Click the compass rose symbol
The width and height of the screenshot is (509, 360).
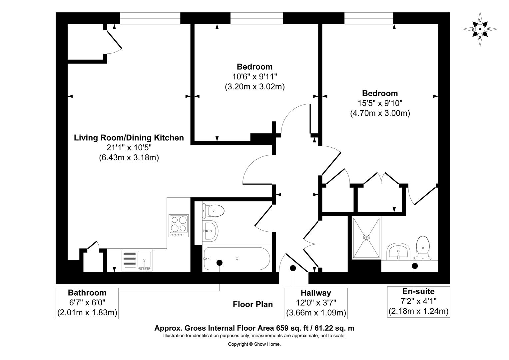point(480,29)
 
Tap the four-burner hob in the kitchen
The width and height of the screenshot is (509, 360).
point(179,226)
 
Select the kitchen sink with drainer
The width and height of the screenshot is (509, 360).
point(137,260)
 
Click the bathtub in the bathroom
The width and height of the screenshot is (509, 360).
point(237,259)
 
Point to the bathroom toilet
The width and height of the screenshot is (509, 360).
point(213,211)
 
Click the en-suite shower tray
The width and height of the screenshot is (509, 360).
point(366,238)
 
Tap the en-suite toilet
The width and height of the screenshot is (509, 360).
point(423,248)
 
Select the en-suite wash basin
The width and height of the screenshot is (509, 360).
point(398,252)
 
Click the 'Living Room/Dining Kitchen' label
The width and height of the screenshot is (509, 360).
point(129,138)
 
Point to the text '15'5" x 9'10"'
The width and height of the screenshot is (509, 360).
point(380,103)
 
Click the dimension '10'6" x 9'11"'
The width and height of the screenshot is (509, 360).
point(255,77)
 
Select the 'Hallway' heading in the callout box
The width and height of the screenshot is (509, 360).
point(316,293)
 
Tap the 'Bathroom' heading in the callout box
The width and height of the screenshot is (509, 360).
point(87,292)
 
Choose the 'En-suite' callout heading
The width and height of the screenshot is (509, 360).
point(418,291)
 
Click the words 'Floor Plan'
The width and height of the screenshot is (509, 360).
point(253,304)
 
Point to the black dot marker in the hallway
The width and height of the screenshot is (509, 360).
point(293,268)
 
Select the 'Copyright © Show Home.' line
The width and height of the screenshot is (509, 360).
point(254,344)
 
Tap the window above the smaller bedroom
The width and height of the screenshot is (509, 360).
point(257,18)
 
